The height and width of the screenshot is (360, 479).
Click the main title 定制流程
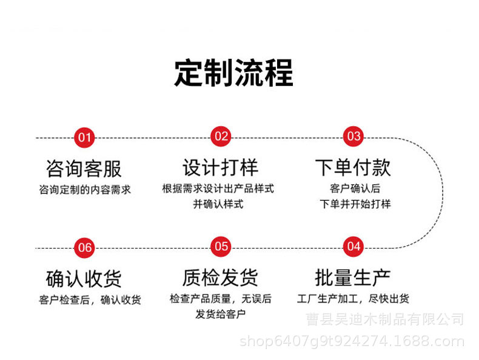[x=233, y=73]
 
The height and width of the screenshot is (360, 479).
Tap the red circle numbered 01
[x=84, y=137]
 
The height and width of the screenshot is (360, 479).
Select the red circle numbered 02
[x=221, y=136]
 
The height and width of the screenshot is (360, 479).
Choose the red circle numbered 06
[x=85, y=247]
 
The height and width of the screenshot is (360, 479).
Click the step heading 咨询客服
[x=84, y=168]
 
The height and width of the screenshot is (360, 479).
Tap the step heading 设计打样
[x=220, y=167]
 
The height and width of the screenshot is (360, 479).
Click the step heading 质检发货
[x=220, y=278]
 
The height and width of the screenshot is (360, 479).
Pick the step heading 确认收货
[x=84, y=278]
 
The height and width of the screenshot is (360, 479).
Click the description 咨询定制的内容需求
[x=84, y=189]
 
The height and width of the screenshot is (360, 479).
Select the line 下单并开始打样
[x=355, y=204]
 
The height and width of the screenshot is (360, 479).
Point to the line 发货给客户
[x=221, y=314]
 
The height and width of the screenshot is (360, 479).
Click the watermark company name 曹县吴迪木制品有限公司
[x=384, y=319]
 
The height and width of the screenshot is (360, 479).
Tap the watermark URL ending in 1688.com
[x=352, y=341]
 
